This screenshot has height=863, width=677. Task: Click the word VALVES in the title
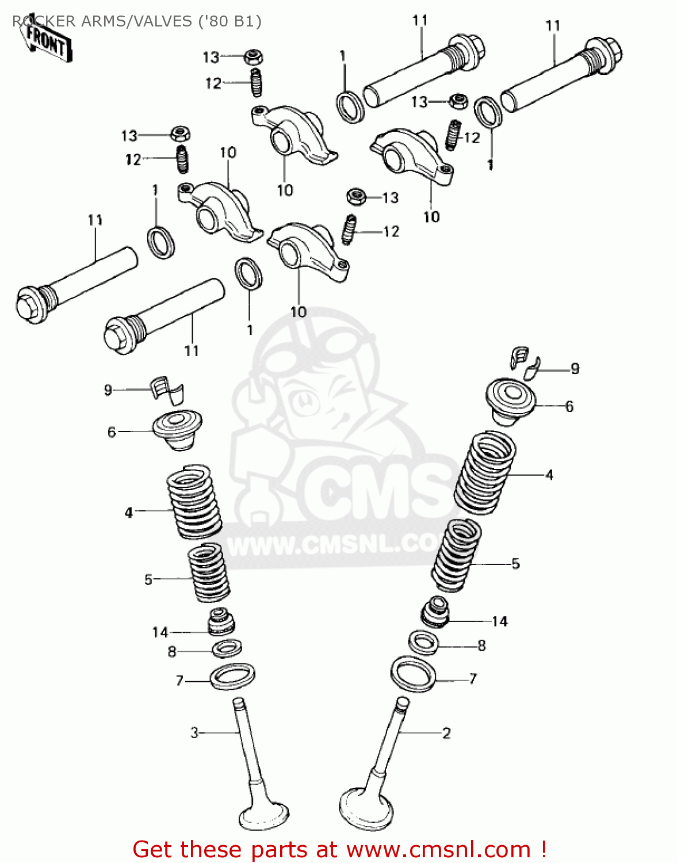tap(163, 21)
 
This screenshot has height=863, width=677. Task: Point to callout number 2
tap(446, 733)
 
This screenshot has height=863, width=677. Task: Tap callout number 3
tap(194, 732)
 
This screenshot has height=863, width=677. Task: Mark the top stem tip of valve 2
tap(403, 702)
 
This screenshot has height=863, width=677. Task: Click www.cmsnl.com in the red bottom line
tap(438, 850)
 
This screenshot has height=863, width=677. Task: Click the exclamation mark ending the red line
tap(544, 850)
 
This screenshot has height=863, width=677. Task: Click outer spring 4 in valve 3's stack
tap(194, 503)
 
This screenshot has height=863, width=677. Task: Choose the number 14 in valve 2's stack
tap(499, 621)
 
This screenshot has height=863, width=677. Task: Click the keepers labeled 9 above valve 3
tap(168, 389)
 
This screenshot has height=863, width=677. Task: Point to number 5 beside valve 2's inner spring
tap(515, 564)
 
